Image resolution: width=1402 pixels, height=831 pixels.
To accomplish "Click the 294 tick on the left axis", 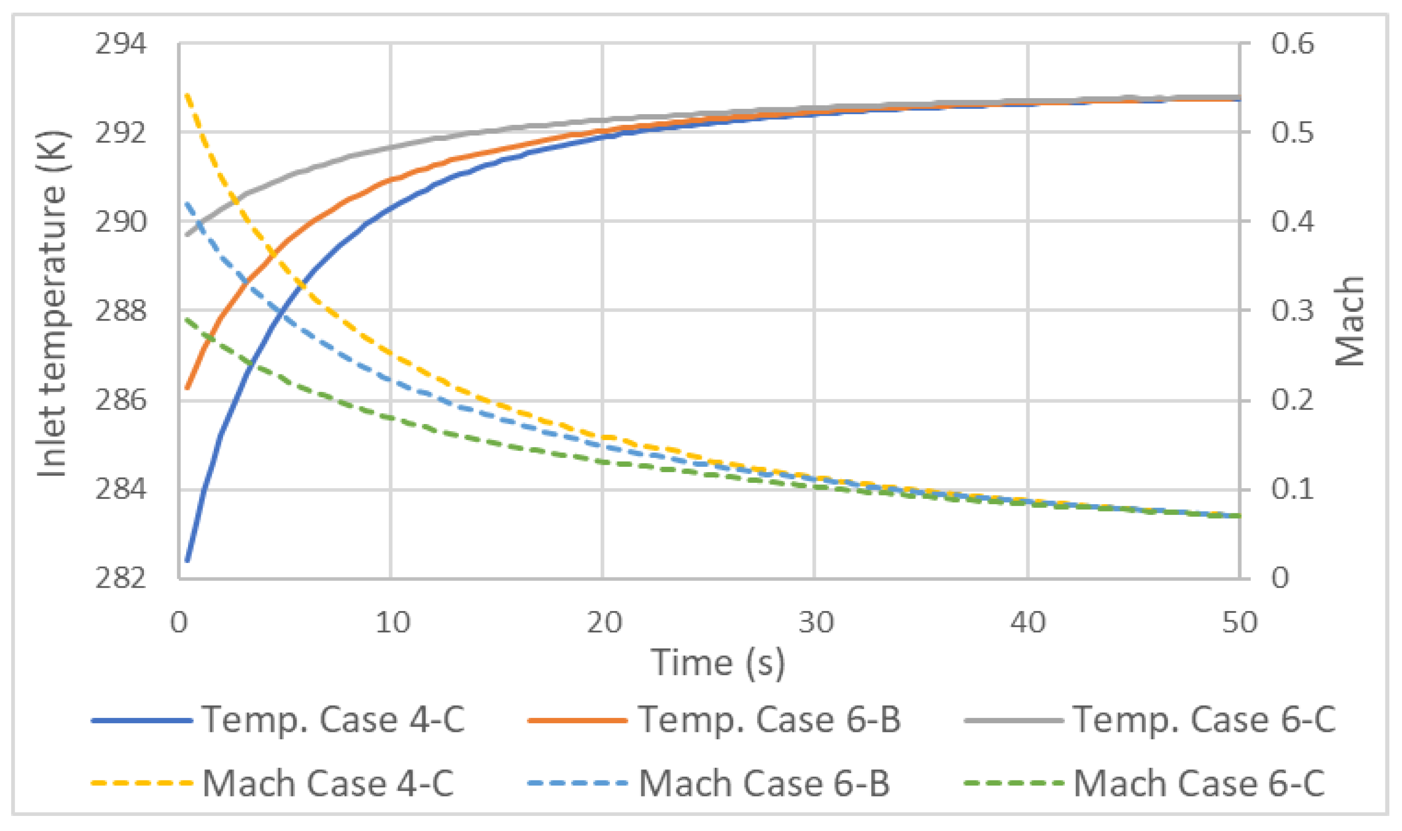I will click(121, 44).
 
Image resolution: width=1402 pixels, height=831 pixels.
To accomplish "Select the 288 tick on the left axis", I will click(121, 311).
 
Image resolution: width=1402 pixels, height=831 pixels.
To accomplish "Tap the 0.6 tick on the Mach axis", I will click(1292, 44).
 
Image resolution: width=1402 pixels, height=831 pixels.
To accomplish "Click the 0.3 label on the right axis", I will click(1292, 311).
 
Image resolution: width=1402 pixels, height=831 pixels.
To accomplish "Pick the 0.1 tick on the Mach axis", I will click(1292, 489).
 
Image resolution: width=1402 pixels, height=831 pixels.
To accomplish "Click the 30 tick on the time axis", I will click(815, 622).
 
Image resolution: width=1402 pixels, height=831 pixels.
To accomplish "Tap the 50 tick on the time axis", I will click(1240, 622).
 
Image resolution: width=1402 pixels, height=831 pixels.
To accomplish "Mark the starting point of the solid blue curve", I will click(187, 560).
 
